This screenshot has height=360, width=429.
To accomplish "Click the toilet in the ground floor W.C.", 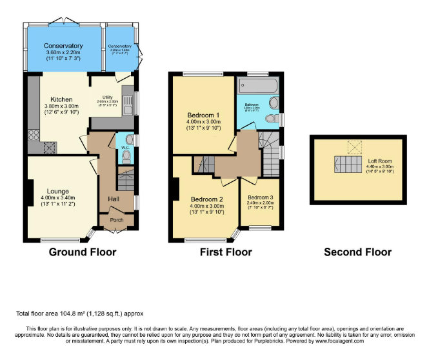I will click(x=126, y=157).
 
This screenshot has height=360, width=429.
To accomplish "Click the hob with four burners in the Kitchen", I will click(x=34, y=135).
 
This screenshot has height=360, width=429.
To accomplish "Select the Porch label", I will click(x=116, y=220).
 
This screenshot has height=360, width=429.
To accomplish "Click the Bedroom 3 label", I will click(x=260, y=197).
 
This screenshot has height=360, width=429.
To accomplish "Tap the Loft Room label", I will click(x=376, y=161).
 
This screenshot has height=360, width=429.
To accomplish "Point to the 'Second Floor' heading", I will click(x=357, y=252).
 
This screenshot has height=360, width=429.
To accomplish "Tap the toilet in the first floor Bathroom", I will click(x=272, y=103).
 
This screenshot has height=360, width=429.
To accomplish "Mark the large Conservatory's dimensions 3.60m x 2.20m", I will click(x=63, y=54).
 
